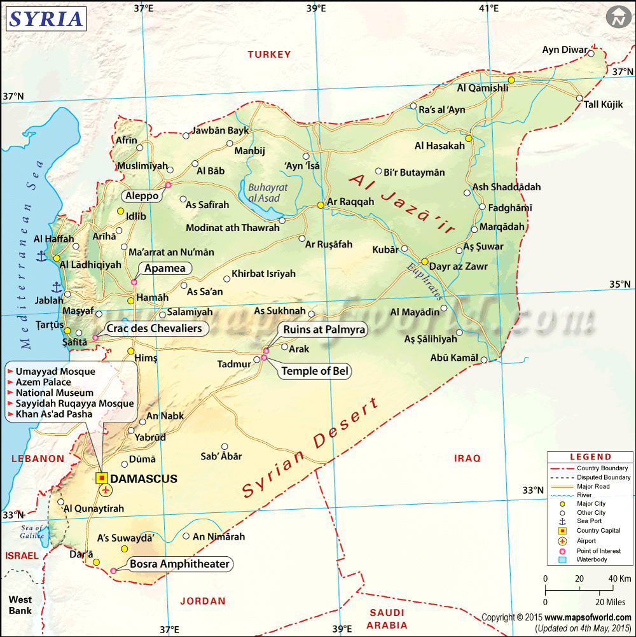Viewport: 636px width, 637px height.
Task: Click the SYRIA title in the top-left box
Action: (x=46, y=19)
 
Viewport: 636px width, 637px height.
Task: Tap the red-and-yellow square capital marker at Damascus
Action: (x=102, y=478)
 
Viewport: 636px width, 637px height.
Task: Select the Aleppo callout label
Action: (x=142, y=196)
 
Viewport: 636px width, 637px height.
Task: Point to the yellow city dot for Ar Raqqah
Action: (x=321, y=205)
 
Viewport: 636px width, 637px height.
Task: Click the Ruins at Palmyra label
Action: (x=324, y=329)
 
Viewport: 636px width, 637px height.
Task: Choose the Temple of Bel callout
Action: (x=315, y=371)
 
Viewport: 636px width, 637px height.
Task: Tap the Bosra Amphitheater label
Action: (x=179, y=564)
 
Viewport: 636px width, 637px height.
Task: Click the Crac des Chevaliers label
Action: (x=154, y=328)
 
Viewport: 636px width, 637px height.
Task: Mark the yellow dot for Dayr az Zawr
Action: (x=425, y=262)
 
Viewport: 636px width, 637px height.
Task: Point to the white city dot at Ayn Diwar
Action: (x=591, y=53)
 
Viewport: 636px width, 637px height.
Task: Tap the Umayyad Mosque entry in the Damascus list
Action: (x=55, y=372)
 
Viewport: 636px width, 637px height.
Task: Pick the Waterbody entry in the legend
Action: (x=591, y=560)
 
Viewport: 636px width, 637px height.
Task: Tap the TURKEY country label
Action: (x=269, y=55)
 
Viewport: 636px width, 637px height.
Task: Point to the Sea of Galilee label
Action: (x=31, y=531)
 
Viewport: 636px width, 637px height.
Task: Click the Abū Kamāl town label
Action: (x=454, y=358)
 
